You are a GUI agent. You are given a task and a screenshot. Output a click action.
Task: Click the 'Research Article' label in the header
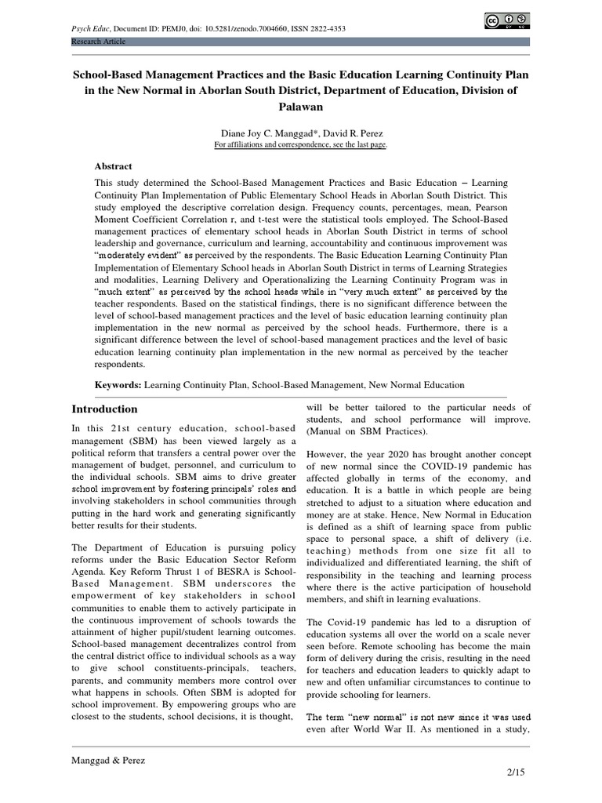[99, 41]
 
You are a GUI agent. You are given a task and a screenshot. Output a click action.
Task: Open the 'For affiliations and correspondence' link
[301, 145]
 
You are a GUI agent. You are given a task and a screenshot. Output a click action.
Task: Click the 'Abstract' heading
[114, 166]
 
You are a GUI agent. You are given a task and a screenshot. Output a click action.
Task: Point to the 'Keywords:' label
[118, 385]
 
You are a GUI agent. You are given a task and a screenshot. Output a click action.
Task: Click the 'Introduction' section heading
[104, 409]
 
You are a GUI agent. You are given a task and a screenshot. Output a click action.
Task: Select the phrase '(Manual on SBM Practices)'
[355, 432]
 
